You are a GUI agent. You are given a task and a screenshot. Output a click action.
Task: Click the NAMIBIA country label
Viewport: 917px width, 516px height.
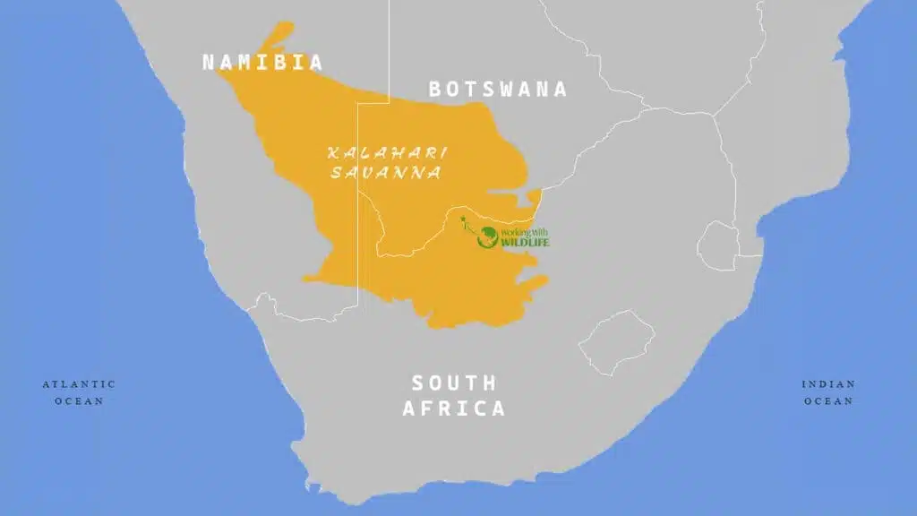pos(261,62)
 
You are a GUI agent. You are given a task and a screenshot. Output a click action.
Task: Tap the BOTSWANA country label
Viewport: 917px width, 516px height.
pos(497,89)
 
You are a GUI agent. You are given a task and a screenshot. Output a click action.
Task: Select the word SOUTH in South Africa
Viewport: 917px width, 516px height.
pos(453,383)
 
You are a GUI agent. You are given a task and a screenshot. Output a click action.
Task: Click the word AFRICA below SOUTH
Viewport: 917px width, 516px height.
pos(453,408)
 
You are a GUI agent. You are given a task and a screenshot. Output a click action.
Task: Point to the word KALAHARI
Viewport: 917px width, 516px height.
pos(387,152)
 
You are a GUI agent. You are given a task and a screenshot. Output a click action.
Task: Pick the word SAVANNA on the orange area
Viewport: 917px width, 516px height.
pos(386,173)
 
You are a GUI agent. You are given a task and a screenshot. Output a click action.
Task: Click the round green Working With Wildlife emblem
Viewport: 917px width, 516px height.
pos(487,237)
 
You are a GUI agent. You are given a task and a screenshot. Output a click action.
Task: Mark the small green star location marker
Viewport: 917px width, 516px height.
pos(462,219)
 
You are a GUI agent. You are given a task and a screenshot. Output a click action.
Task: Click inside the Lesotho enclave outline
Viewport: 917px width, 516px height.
pos(617,341)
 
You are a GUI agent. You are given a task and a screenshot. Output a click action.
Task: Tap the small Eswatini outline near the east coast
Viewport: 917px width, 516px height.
pos(716,244)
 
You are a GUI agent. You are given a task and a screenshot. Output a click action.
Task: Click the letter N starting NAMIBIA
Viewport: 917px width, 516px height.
pos(209,62)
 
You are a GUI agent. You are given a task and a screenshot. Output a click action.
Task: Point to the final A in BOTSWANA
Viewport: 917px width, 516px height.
pos(560,89)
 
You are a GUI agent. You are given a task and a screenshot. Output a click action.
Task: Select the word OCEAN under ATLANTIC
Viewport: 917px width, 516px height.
pos(79,401)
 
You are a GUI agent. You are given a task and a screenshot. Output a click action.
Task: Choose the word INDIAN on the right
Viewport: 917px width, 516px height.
pos(828,383)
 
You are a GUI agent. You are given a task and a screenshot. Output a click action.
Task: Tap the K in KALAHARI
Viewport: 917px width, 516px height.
pos(333,152)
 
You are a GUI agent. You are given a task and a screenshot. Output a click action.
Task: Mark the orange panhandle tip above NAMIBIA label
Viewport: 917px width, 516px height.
pos(284,28)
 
